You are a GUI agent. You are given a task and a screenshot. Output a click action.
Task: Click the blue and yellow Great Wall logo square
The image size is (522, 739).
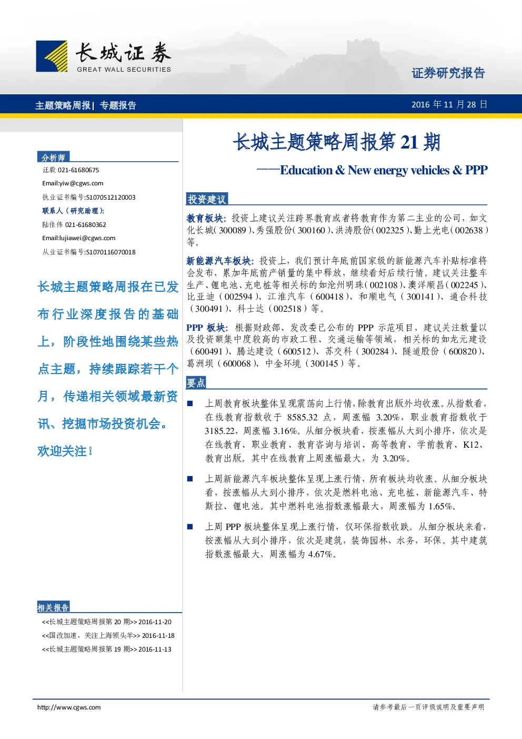tap(52, 56)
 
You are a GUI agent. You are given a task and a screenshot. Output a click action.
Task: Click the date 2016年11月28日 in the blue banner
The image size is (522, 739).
tap(449, 105)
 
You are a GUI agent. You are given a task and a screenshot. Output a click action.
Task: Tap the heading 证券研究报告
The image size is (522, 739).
tap(448, 73)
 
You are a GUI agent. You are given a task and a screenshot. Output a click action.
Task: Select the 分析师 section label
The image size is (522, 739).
tap(53, 157)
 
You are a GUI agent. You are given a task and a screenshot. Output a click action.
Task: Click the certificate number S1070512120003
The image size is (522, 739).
tap(111, 198)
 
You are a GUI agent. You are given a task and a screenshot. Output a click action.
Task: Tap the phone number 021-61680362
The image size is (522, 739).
tap(86, 225)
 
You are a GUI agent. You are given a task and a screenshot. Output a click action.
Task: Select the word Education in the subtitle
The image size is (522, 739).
tap(306, 170)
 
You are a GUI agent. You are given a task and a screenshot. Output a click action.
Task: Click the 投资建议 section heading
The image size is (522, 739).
tap(207, 199)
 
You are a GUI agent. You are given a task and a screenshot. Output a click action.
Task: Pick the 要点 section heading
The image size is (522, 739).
tap(196, 382)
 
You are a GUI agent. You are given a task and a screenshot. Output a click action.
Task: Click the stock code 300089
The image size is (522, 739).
tap(232, 230)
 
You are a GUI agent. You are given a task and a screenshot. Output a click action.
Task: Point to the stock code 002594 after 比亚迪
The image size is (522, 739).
tap(238, 297)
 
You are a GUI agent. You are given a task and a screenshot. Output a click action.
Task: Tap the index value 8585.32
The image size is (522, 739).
tap(302, 417)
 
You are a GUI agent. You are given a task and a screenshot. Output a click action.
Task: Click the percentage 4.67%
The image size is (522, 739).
tap(320, 554)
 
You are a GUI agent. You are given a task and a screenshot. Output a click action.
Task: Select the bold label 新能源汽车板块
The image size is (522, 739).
tap(218, 261)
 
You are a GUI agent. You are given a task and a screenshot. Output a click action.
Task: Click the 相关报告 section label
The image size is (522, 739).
tap(53, 607)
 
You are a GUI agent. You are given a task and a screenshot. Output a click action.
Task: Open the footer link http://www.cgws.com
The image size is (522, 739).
tap(69, 707)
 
